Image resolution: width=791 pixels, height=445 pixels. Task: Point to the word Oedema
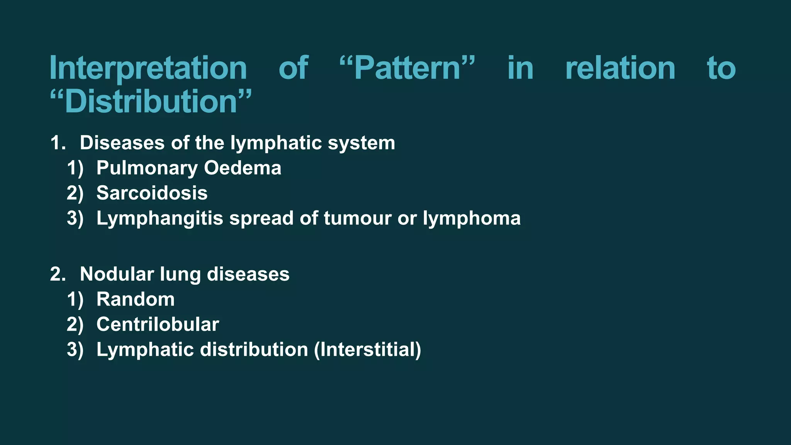coord(243,168)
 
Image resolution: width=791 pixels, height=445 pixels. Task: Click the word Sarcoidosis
coord(152,193)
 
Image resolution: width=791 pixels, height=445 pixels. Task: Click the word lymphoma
coord(472,219)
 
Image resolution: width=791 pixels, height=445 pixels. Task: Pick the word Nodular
coord(117,274)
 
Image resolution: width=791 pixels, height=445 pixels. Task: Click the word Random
coord(136,299)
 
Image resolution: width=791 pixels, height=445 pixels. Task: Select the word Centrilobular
coord(158,324)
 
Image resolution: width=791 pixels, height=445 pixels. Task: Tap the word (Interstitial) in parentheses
coord(368,350)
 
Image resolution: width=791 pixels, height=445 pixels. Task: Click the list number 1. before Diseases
coord(58,143)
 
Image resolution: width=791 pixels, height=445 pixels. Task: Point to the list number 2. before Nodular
coord(58,275)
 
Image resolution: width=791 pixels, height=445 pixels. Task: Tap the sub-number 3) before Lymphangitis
coord(75,219)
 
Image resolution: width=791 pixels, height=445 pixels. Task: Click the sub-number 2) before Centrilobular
coord(75,324)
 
